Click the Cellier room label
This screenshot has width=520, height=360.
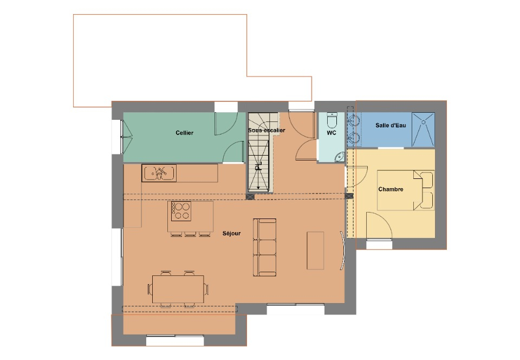point(184,133)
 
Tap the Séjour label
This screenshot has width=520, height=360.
point(231,233)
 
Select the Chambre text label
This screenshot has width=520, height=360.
point(391,189)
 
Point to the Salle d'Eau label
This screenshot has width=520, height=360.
point(391,125)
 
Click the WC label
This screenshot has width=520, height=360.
point(331,133)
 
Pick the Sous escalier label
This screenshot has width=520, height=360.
point(266,131)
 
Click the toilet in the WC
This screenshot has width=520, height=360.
point(331,121)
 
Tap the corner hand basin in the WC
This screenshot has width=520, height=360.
point(339,156)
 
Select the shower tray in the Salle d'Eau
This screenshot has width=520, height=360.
point(423,130)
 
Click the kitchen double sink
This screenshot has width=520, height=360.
point(159,173)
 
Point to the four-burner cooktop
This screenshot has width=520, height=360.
point(181,211)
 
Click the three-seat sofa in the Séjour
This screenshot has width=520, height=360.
point(265,247)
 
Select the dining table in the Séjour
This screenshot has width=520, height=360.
point(178,289)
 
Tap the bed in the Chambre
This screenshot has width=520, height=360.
point(406,190)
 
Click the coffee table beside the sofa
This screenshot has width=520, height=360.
point(315,250)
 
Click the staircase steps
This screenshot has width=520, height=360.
point(259,153)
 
